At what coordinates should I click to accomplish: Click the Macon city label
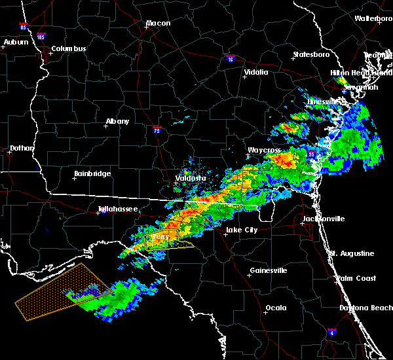coord(158,24)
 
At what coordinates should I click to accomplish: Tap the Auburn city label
coord(16,43)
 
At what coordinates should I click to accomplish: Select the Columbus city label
coord(69,49)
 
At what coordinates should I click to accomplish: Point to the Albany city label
coord(117,122)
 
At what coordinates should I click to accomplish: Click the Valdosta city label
coord(191,179)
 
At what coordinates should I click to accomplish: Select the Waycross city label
coord(264,151)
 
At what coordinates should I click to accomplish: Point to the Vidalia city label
coord(256,73)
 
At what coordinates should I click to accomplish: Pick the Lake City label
coord(241,230)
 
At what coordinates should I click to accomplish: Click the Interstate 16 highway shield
coord(229,58)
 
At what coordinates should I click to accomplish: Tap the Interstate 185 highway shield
coord(41,37)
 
